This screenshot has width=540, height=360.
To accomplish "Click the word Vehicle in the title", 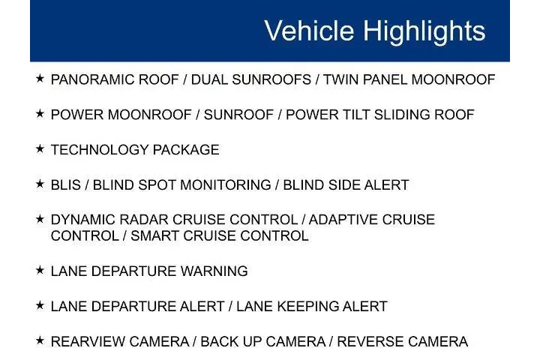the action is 309,30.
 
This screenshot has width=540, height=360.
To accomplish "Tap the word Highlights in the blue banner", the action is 424,31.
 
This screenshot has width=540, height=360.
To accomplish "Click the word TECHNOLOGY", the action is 100,150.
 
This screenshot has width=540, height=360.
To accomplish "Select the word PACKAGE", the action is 186,150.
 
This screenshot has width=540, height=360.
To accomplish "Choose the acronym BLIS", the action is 66,185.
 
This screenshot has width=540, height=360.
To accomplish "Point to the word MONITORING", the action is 226,185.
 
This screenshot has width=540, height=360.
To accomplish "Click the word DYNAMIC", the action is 83,220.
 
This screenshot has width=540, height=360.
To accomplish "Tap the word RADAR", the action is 143,220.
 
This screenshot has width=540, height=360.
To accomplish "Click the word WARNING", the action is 214,271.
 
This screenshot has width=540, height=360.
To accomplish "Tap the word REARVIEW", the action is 88,341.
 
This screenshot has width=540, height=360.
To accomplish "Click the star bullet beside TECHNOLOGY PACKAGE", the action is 40,148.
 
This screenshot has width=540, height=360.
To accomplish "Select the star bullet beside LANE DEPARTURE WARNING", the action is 40,270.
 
